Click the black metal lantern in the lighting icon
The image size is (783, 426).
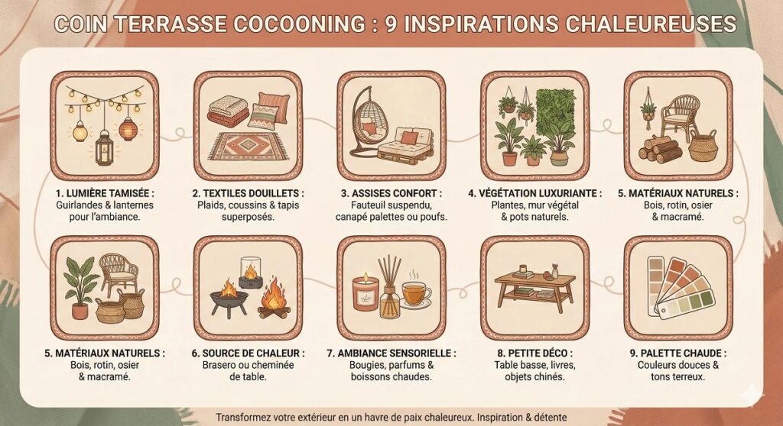pyautogui.click(x=104, y=147)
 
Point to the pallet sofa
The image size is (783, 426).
pyautogui.click(x=405, y=144)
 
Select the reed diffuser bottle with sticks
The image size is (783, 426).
pyautogui.click(x=389, y=289)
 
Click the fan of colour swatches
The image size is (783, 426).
pyautogui.click(x=680, y=288)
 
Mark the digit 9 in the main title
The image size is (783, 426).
pyautogui.click(x=391, y=24)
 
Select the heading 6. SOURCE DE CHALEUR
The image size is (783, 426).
pyautogui.click(x=248, y=353)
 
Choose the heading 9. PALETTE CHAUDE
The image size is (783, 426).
pyautogui.click(x=678, y=353)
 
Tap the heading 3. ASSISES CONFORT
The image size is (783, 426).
pyautogui.click(x=391, y=193)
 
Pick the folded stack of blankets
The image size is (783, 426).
pyautogui.click(x=228, y=111)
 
